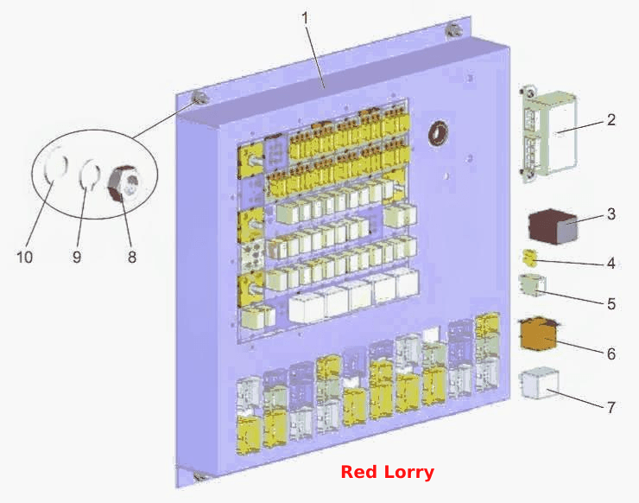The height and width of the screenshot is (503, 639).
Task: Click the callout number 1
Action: coord(305,18)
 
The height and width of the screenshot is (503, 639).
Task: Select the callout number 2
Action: coord(611,120)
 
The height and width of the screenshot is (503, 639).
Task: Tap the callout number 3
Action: coord(611,213)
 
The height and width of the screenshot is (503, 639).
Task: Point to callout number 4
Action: coord(611,263)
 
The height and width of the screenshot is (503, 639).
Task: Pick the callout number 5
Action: coord(611,304)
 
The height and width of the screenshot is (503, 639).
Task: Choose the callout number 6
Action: coord(611,353)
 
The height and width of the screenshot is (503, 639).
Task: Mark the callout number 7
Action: coord(611,407)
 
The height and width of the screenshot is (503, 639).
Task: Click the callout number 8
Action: coord(131,257)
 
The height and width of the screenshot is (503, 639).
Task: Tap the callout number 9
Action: coord(77,257)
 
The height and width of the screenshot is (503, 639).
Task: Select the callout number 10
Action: coord(24,257)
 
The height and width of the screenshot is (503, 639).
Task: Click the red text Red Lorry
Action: coord(387,472)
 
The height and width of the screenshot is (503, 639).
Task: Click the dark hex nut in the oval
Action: coord(123,182)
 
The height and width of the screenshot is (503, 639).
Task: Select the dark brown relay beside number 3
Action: coord(553,226)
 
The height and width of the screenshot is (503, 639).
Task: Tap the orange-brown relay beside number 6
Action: coord(539,334)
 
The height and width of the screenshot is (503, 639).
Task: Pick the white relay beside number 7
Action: coord(539,384)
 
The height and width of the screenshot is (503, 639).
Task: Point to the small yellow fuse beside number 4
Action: coord(529,258)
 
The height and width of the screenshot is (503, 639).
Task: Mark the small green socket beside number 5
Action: coord(532,284)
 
